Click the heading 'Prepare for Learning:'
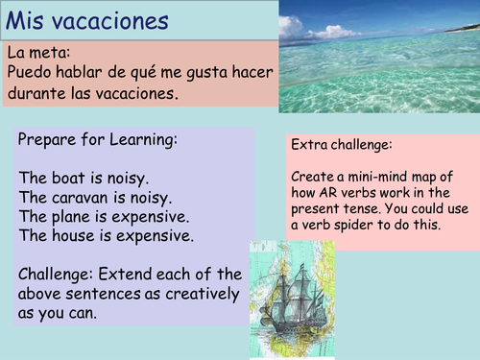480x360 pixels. [98, 140]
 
